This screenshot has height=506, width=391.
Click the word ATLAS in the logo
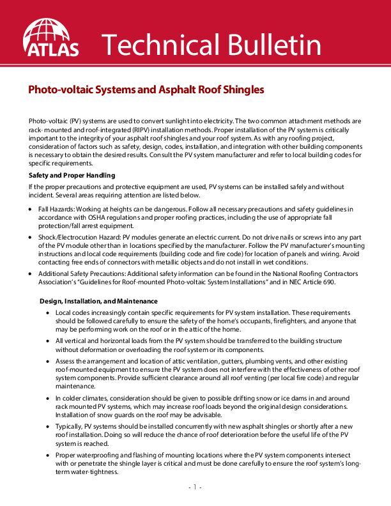pos(51,48)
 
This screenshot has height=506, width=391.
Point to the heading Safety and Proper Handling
pos(72,175)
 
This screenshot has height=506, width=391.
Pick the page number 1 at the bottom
pos(195,487)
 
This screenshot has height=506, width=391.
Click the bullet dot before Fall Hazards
pos(32,209)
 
